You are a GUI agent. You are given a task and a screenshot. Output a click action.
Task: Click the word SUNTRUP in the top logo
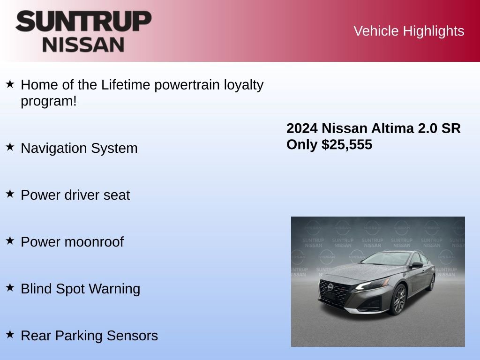[x=83, y=22]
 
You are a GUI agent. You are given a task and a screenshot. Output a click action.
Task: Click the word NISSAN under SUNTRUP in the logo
[x=83, y=45]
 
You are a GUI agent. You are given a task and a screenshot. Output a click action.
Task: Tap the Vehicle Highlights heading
[x=409, y=31]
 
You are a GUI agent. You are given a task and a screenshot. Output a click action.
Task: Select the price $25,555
[x=347, y=145]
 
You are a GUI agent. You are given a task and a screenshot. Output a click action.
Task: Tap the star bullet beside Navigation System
[x=10, y=147]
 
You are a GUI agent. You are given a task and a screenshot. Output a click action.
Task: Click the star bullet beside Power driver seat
[x=10, y=194]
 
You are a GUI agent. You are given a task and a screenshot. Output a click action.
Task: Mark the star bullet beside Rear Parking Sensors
[x=10, y=335]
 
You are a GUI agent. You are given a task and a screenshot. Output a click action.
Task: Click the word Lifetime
[x=126, y=85]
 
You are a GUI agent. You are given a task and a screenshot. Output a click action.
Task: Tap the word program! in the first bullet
[x=48, y=101]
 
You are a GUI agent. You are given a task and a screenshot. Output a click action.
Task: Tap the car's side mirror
[x=416, y=265]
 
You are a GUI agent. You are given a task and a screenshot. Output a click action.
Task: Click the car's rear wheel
[x=431, y=283]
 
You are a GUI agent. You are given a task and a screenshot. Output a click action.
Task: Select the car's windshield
[x=385, y=259]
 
